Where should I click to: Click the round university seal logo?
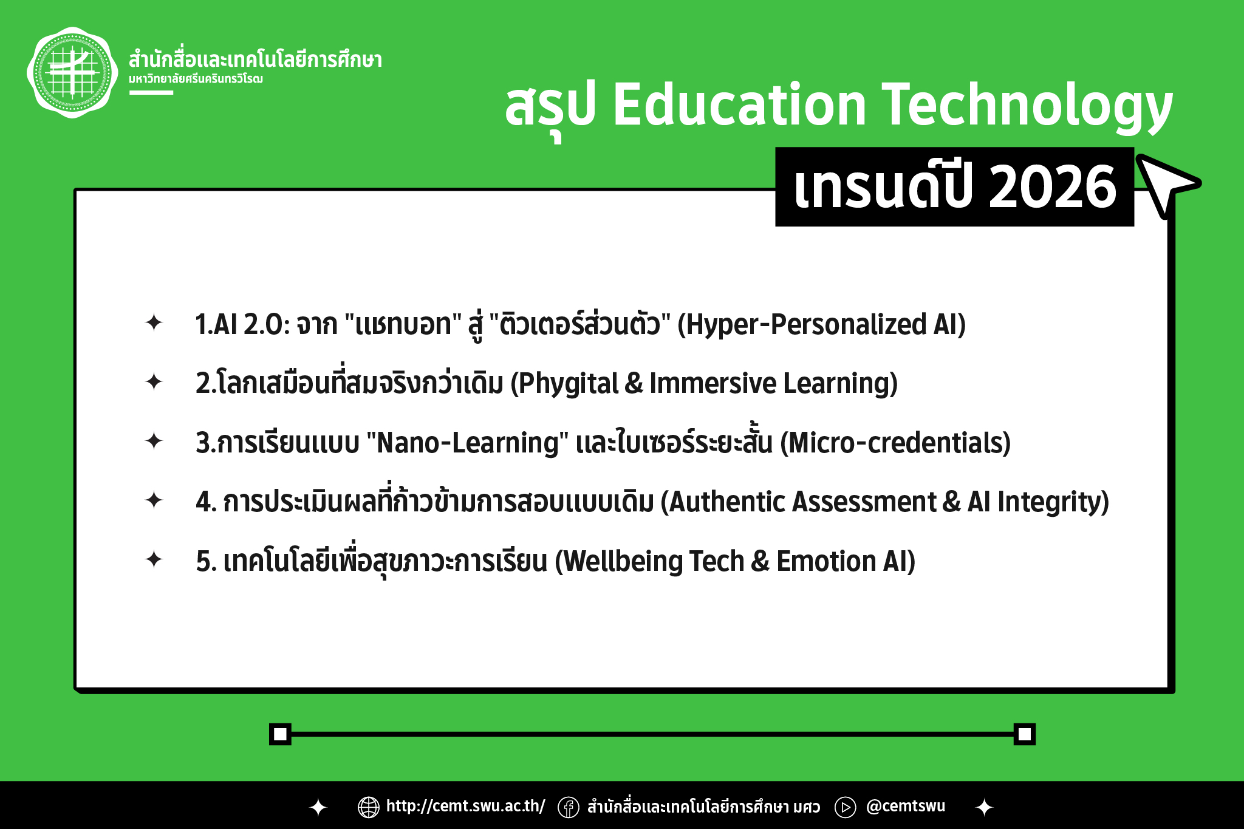pyautogui.click(x=72, y=72)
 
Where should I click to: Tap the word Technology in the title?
pyautogui.click(x=1027, y=107)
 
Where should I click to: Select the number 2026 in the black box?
pyautogui.click(x=1053, y=187)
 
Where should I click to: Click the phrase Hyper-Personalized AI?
pyautogui.click(x=821, y=325)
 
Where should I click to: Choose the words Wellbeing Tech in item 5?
pyautogui.click(x=654, y=561)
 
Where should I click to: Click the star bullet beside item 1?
pyautogui.click(x=154, y=322)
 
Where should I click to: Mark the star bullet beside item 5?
pyautogui.click(x=154, y=559)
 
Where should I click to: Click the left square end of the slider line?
pyautogui.click(x=280, y=734)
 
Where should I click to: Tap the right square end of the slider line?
pyautogui.click(x=1024, y=734)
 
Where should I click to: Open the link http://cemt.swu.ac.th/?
pyautogui.click(x=466, y=806)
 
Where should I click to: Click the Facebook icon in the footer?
pyautogui.click(x=569, y=807)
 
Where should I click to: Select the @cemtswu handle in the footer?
pyautogui.click(x=906, y=806)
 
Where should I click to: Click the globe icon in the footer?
pyautogui.click(x=369, y=807)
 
